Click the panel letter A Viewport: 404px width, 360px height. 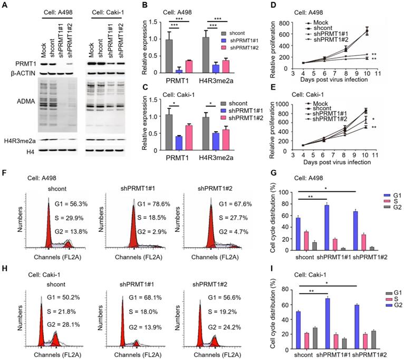[4, 6]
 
